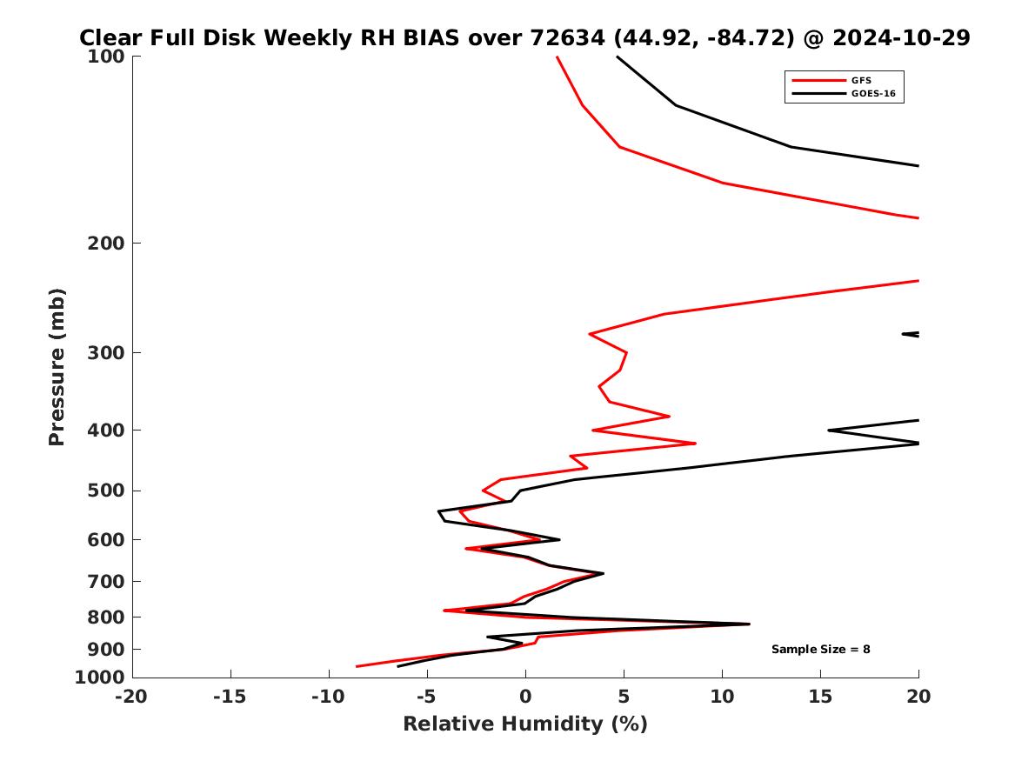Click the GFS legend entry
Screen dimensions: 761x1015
[860, 81]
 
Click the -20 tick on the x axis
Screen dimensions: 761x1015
[132, 697]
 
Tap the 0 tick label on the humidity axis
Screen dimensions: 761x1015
[525, 697]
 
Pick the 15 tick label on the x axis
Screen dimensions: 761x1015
[820, 697]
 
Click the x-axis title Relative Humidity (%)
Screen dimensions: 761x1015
[524, 724]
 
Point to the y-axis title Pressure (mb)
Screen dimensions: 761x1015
[57, 366]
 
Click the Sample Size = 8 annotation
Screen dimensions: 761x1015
[820, 650]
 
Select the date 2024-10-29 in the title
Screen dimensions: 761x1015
[901, 38]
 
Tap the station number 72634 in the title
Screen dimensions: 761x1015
[557, 38]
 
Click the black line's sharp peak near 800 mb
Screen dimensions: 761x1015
[749, 624]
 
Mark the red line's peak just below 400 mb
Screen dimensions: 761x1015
[695, 444]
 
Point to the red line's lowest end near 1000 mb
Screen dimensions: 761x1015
[357, 666]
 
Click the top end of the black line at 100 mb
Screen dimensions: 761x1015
[618, 57]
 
